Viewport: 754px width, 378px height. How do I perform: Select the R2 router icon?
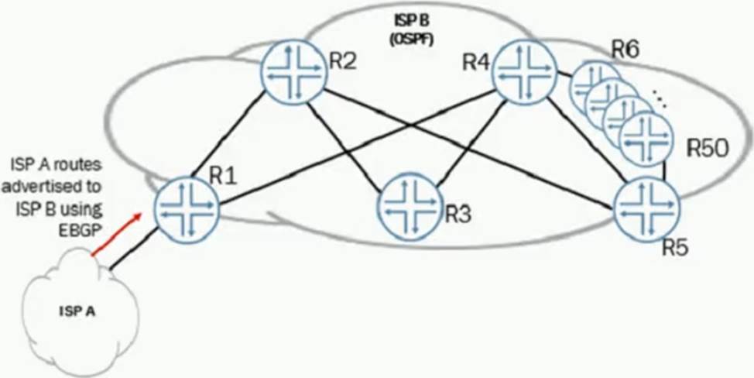click(294, 72)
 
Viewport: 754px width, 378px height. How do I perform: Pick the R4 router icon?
click(525, 72)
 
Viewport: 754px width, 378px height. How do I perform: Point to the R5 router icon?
click(646, 210)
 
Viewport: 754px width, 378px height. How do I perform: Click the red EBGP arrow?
click(117, 234)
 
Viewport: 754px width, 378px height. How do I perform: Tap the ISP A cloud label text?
click(77, 311)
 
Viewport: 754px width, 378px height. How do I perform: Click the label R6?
click(625, 49)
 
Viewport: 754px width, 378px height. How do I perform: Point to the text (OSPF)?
click(411, 41)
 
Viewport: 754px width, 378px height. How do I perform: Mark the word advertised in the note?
click(51, 187)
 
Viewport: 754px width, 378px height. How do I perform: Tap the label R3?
click(458, 215)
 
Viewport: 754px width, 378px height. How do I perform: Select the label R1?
click(224, 177)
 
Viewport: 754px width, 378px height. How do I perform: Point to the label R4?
click(477, 62)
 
